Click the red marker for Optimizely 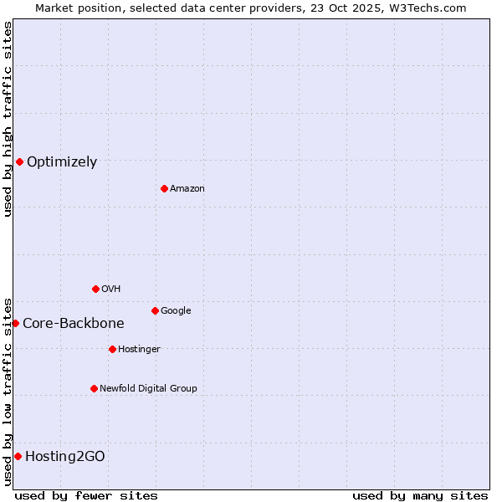(x=19, y=161)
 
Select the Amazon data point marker (x=164, y=188)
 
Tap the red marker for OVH (x=95, y=289)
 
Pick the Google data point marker (x=155, y=310)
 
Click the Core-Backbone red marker (x=15, y=323)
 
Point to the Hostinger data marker (x=112, y=349)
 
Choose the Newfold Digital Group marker (x=94, y=388)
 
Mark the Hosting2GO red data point (x=18, y=456)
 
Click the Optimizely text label (x=62, y=162)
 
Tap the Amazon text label (x=187, y=189)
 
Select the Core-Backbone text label (x=74, y=324)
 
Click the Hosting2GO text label (x=65, y=457)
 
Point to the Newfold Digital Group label (x=148, y=388)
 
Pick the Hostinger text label (x=139, y=350)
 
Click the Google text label (x=176, y=311)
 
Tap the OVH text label (x=111, y=289)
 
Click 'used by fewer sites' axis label (x=86, y=495)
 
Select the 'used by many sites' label (x=420, y=495)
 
